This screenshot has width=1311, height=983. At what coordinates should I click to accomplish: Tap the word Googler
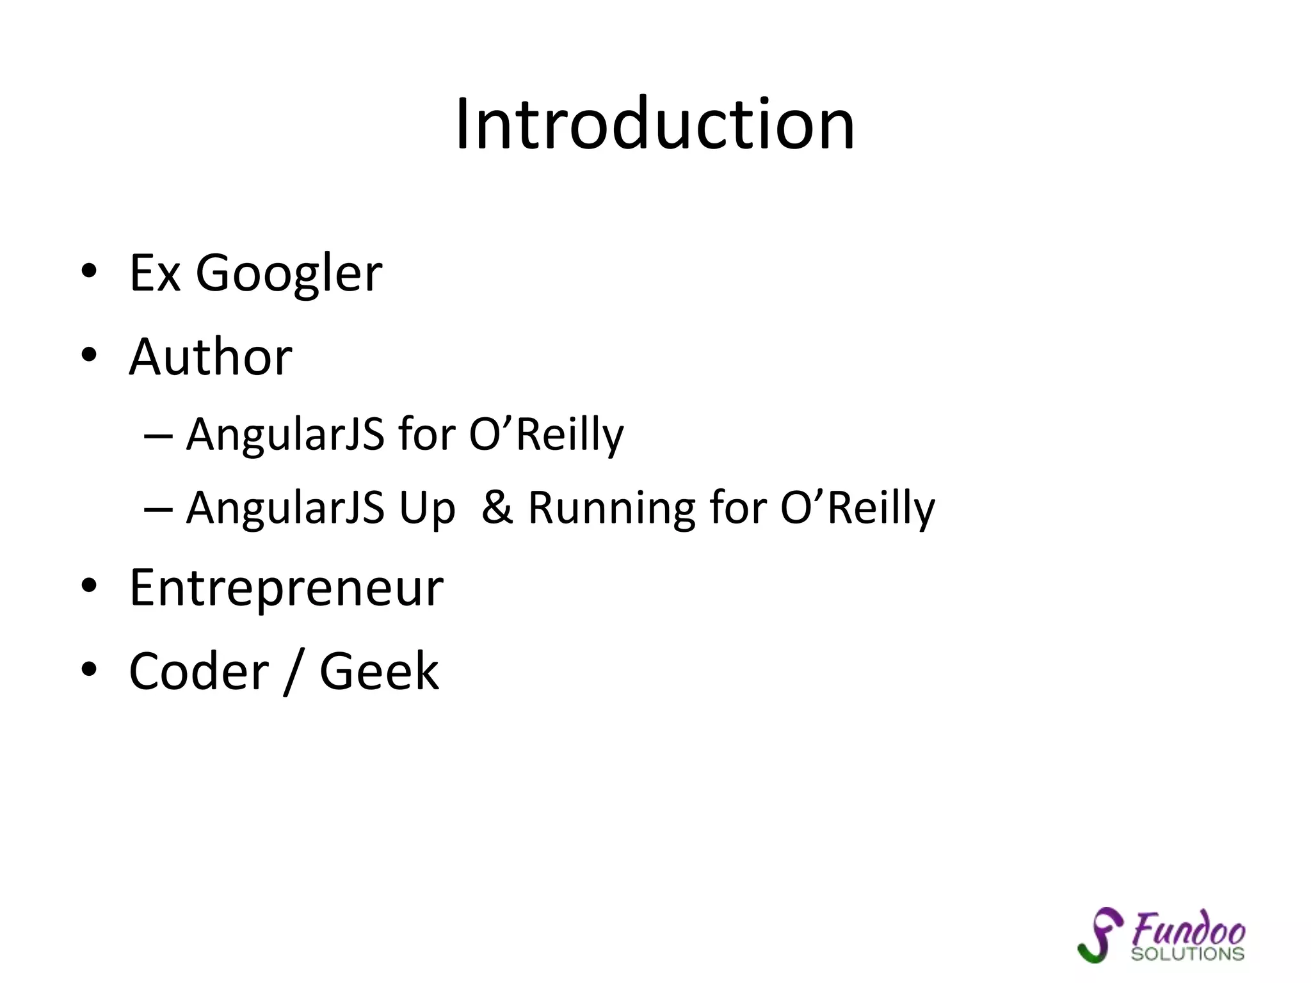pyautogui.click(x=289, y=274)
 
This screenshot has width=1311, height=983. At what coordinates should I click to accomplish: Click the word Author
pyautogui.click(x=211, y=356)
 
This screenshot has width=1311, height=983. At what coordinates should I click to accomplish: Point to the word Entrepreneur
pyautogui.click(x=286, y=587)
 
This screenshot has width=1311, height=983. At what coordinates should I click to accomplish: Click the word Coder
pyautogui.click(x=199, y=671)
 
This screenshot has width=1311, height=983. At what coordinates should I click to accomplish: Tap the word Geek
pyautogui.click(x=380, y=671)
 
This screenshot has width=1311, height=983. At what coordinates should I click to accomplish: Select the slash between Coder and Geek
pyautogui.click(x=293, y=671)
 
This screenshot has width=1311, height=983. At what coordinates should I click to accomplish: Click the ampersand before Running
pyautogui.click(x=497, y=507)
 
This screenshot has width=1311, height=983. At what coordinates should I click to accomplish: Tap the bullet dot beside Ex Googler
pyautogui.click(x=89, y=271)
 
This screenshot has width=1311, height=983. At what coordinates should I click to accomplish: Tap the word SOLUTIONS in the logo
pyautogui.click(x=1187, y=954)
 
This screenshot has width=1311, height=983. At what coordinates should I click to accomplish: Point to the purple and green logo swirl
pyautogui.click(x=1100, y=934)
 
